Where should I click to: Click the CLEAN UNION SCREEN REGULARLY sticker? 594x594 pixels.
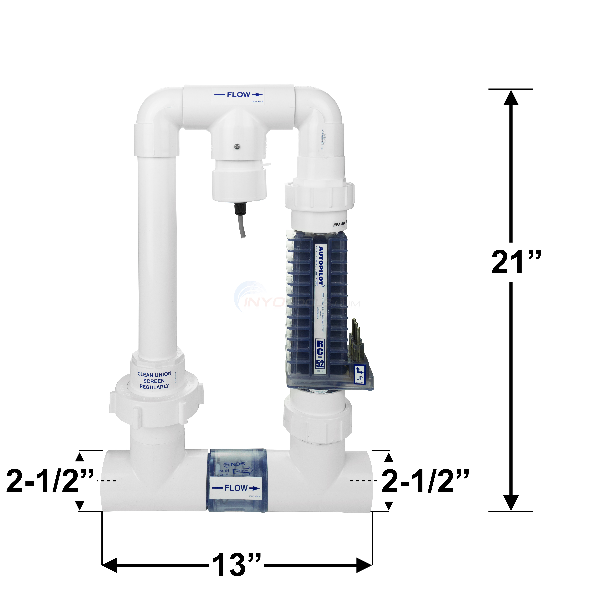[154, 380]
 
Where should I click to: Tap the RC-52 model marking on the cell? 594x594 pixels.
[320, 354]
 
